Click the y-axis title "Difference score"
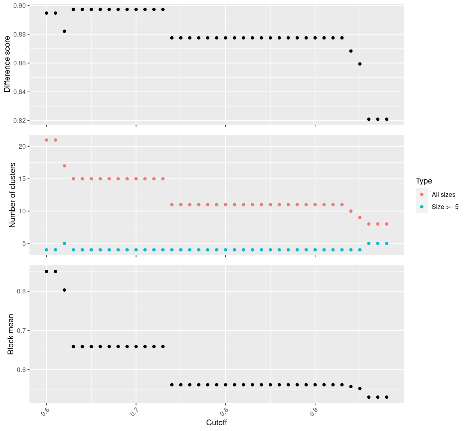[7, 64]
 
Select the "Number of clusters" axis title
[13, 195]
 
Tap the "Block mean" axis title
[11, 334]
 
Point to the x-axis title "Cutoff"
[217, 422]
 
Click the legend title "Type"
[424, 181]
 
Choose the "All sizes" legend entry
[443, 195]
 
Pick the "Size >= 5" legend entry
[445, 207]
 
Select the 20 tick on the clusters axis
[21, 147]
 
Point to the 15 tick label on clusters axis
[21, 179]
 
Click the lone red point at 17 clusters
[64, 166]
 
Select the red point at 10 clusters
[351, 211]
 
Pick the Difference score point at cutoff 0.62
[64, 31]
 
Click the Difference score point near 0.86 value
[360, 64]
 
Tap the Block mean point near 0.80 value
[64, 290]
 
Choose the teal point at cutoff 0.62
[64, 243]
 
